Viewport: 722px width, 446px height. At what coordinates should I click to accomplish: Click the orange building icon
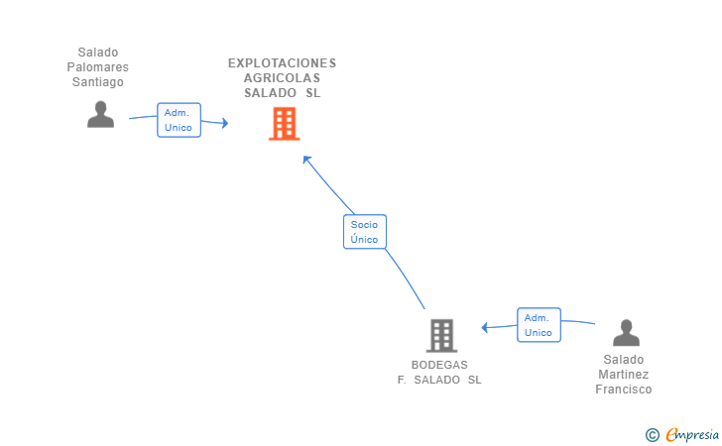[x=284, y=124]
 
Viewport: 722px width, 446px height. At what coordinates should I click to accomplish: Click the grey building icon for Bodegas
[x=441, y=335]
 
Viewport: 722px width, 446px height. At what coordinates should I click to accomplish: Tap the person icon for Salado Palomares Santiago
[x=100, y=115]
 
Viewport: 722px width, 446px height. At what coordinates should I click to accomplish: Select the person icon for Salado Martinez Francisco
[x=625, y=333]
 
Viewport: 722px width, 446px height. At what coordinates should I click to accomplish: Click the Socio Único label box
[x=364, y=232]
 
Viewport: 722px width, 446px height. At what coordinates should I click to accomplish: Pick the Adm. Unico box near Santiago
[x=179, y=120]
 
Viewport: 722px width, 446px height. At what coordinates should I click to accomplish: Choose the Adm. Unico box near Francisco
[x=539, y=325]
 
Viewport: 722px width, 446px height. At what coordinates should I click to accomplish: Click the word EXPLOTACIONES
[x=282, y=63]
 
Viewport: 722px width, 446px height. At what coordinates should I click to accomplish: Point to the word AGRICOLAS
[x=282, y=78]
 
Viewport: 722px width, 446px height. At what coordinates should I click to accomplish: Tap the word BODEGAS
[x=439, y=365]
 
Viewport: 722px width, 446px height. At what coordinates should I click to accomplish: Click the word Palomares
[x=97, y=67]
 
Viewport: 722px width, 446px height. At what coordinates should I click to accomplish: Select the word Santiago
[x=97, y=82]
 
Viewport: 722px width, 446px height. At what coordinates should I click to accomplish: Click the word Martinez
[x=624, y=375]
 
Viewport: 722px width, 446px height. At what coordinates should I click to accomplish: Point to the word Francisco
[x=624, y=390]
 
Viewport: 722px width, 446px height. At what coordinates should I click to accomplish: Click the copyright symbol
[x=652, y=434]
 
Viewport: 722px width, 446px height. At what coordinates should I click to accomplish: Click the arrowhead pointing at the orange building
[x=306, y=159]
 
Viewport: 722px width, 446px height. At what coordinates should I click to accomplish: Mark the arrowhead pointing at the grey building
[x=484, y=327]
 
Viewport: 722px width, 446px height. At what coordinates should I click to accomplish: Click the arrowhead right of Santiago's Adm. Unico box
[x=225, y=123]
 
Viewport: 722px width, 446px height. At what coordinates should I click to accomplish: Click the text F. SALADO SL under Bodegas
[x=439, y=380]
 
